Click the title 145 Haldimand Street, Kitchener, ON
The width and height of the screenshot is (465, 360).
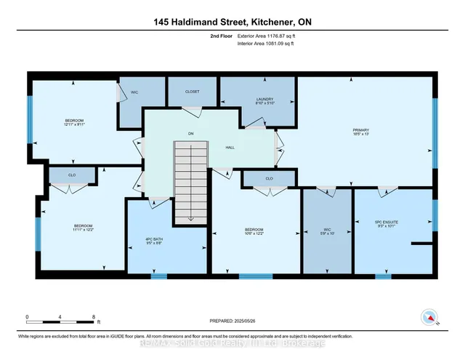click(232, 22)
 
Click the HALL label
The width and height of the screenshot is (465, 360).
click(230, 148)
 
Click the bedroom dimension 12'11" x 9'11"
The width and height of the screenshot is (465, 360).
click(73, 125)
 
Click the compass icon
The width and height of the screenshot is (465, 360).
click(429, 317)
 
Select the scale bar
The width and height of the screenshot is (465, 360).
click(60, 319)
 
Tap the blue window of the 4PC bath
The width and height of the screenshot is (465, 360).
click(158, 276)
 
